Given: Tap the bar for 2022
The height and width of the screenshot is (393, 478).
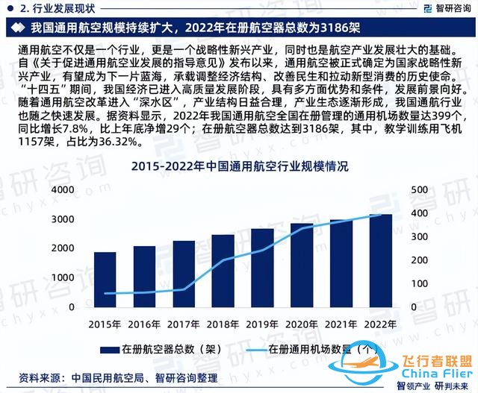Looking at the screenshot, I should coord(380,261).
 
